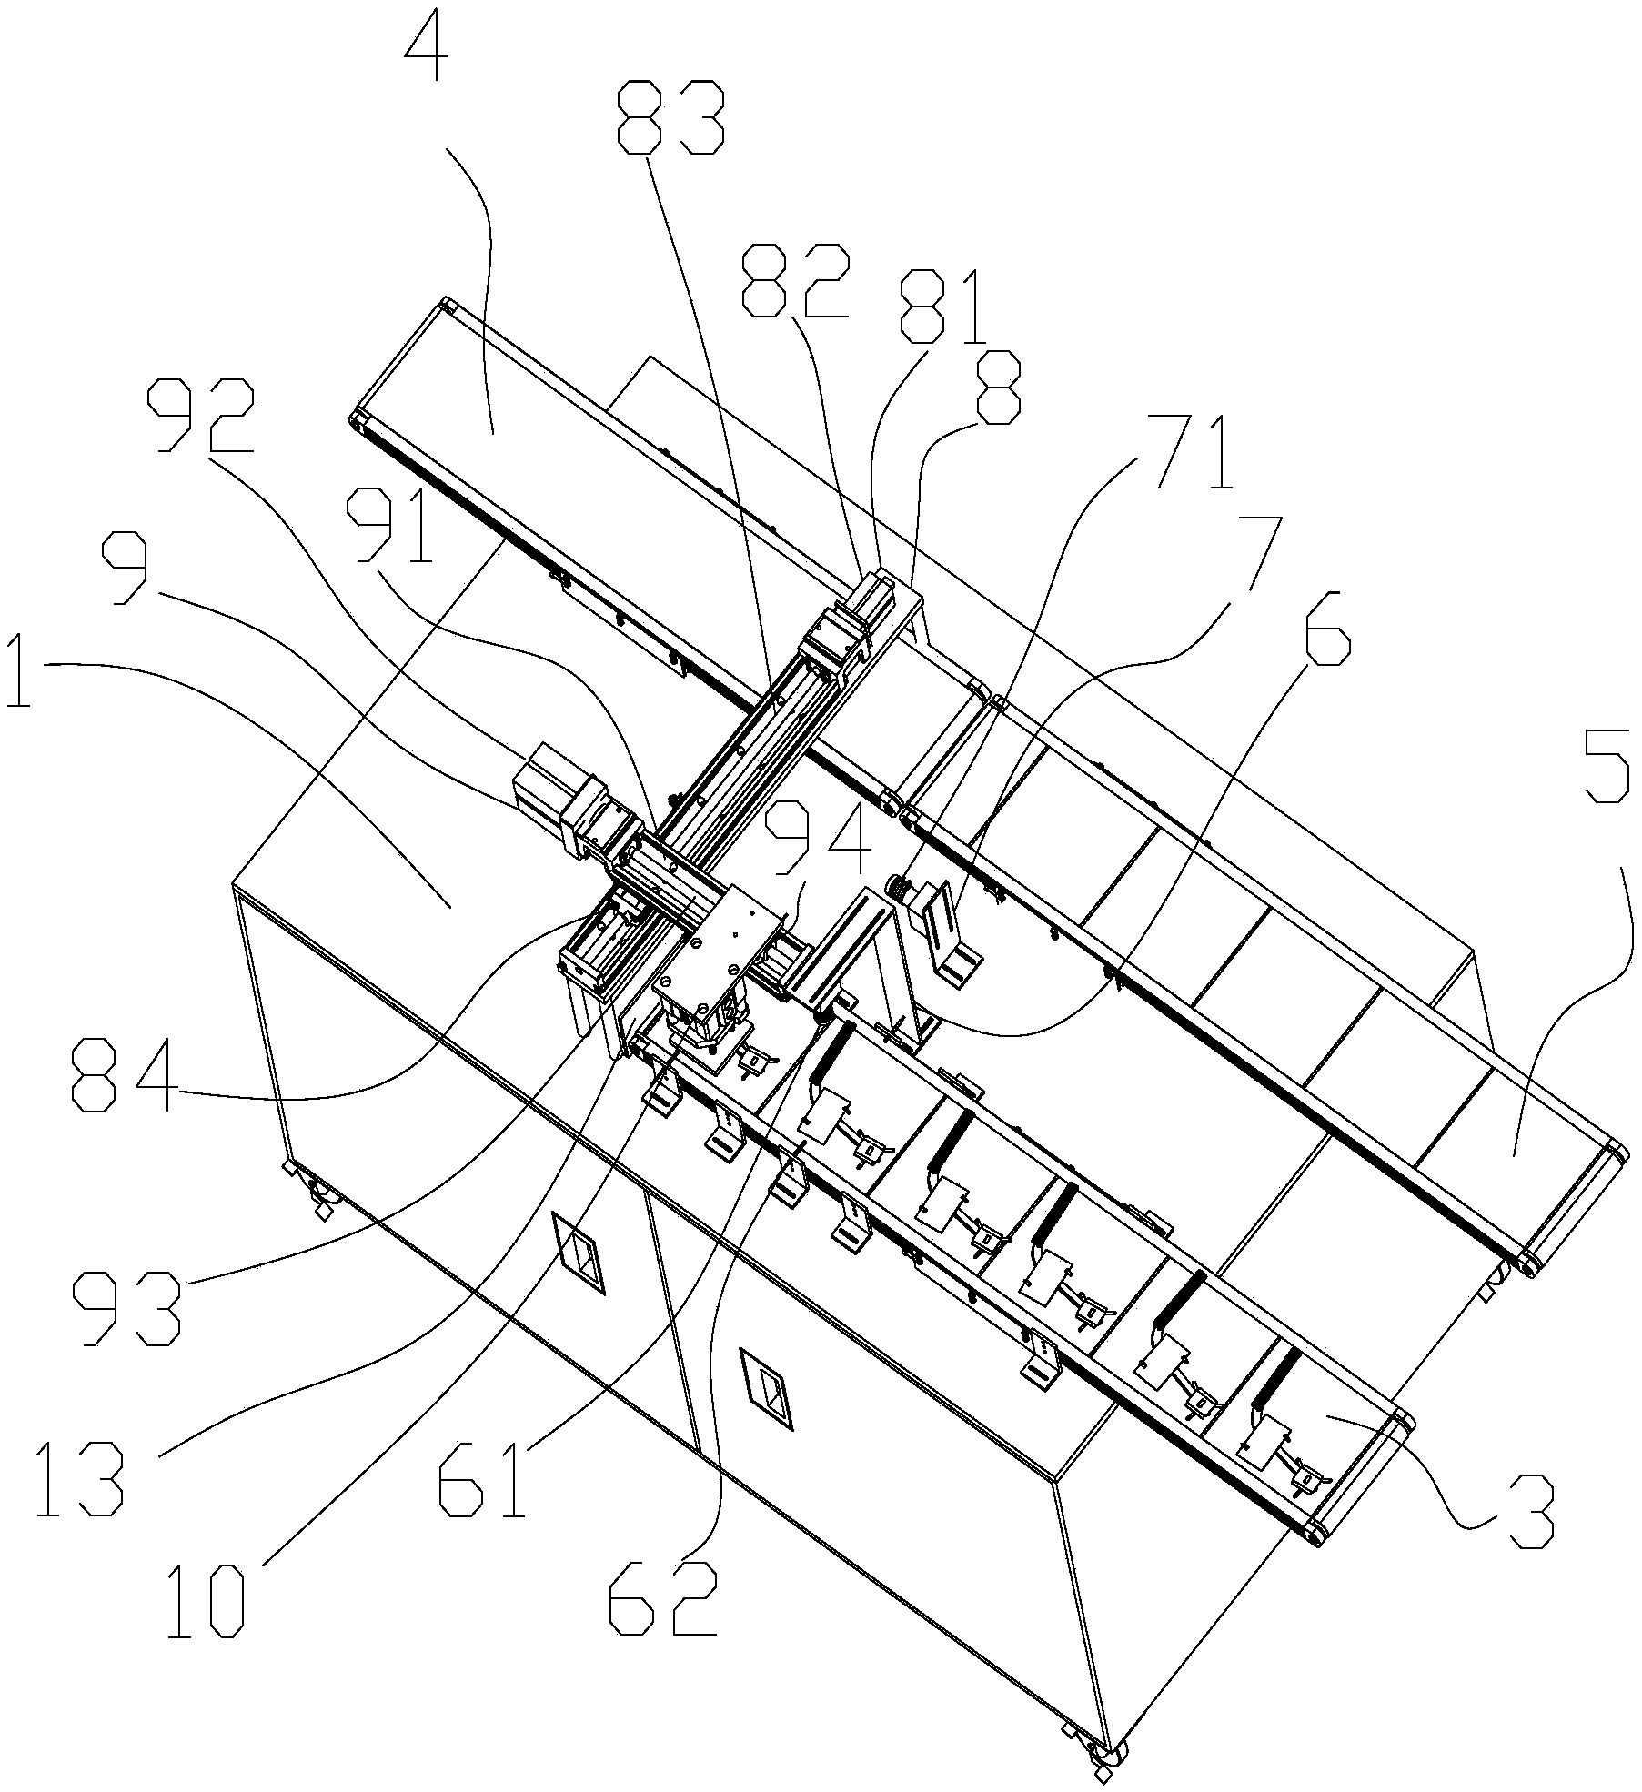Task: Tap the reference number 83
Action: [x=670, y=117]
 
